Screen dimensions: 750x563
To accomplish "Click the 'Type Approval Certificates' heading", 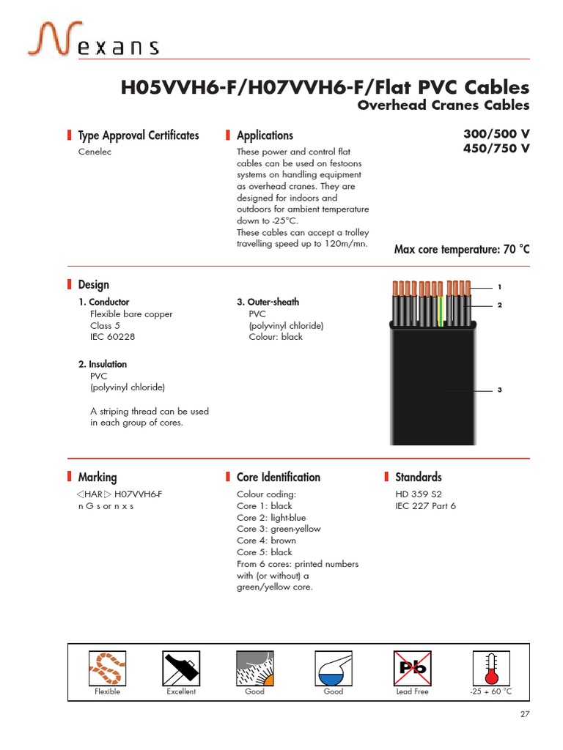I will pyautogui.click(x=138, y=135).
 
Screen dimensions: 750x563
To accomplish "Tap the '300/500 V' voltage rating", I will pyautogui.click(x=496, y=135).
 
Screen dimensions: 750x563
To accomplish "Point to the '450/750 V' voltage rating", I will pyautogui.click(x=496, y=149).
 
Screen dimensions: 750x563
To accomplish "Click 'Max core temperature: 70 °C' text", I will pyautogui.click(x=461, y=250).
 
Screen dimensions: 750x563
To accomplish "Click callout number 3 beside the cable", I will pyautogui.click(x=499, y=390).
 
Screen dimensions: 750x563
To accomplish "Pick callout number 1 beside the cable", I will pyautogui.click(x=499, y=286).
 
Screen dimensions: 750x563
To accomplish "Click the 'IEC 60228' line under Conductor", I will pyautogui.click(x=112, y=337).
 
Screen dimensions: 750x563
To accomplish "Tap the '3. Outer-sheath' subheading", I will pyautogui.click(x=268, y=302).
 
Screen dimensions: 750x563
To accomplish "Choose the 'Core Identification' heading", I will pyautogui.click(x=278, y=478).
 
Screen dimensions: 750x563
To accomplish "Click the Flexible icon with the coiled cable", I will pyautogui.click(x=108, y=667).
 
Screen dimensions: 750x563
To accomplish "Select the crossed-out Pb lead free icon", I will pyautogui.click(x=412, y=667).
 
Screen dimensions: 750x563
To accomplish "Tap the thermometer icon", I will pyautogui.click(x=490, y=667).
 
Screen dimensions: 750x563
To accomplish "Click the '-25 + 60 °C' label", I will pyautogui.click(x=490, y=691).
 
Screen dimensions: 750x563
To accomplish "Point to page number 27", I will pyautogui.click(x=524, y=715).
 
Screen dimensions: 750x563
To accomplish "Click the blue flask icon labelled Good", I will pyautogui.click(x=333, y=667).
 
